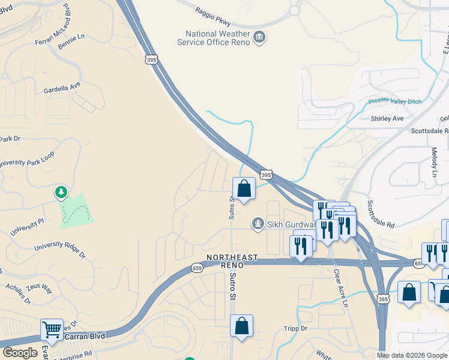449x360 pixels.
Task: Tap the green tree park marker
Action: pyautogui.click(x=61, y=193)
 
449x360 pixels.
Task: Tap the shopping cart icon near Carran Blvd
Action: pyautogui.click(x=52, y=329)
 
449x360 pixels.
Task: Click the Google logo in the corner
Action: pyautogui.click(x=20, y=353)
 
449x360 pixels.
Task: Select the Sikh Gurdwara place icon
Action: pyautogui.click(x=258, y=224)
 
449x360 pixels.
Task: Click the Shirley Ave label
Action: pyautogui.click(x=387, y=118)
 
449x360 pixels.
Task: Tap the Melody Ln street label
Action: pyautogui.click(x=434, y=161)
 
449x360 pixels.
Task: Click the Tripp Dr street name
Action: pyautogui.click(x=295, y=329)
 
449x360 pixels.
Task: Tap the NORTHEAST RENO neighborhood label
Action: pyautogui.click(x=232, y=261)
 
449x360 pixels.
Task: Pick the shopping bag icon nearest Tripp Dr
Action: pyautogui.click(x=241, y=326)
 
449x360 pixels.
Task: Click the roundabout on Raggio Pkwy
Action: pyautogui.click(x=294, y=10)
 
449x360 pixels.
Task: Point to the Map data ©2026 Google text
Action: pyautogui.click(x=412, y=355)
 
